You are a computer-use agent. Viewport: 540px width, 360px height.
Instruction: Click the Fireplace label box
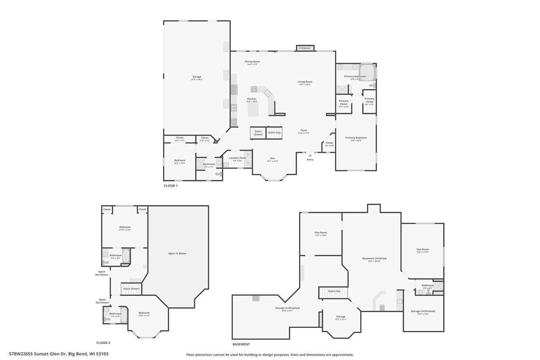coord(305,48)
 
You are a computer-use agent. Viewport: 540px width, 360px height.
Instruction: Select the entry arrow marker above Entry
coord(310,155)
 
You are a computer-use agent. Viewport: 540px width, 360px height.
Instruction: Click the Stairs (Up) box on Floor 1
coord(274,133)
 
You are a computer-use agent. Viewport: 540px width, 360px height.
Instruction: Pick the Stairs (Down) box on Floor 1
coord(258,133)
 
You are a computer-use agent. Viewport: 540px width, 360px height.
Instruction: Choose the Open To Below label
coord(177,254)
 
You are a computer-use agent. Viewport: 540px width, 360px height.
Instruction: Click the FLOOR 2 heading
coord(103,343)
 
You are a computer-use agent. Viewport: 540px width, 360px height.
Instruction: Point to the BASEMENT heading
coord(241,344)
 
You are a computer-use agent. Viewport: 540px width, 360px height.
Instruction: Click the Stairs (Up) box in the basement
coord(334,292)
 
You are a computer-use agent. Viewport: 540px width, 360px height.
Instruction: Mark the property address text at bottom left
coord(59,354)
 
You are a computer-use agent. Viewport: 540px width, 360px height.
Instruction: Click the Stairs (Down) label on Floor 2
coord(131,289)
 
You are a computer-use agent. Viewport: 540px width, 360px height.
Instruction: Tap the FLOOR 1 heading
coord(171,186)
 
